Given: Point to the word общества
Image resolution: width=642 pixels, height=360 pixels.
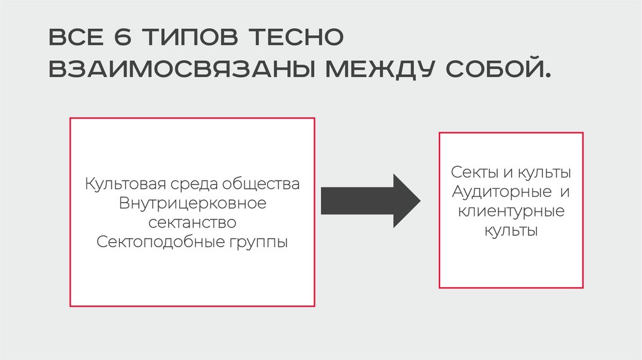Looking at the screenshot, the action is point(261,185).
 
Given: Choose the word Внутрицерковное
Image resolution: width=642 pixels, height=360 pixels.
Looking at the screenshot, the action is point(192,204).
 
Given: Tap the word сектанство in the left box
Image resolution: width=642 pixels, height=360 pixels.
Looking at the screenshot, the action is point(192,223).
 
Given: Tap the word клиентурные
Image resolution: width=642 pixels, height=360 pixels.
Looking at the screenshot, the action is point(511,211).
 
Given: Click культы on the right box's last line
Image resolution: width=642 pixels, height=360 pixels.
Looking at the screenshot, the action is point(511,230).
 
